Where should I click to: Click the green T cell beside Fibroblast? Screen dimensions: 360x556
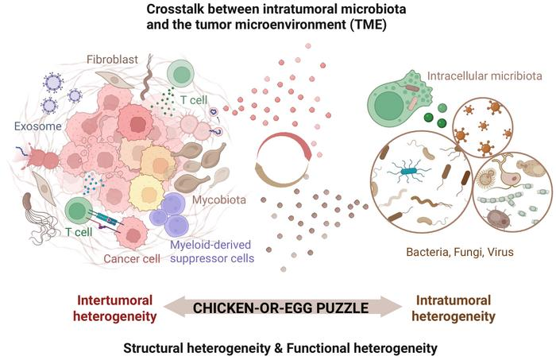182,76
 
